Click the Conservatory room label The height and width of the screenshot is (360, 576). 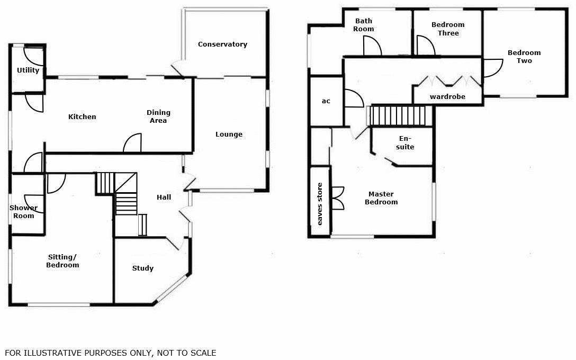[222, 44]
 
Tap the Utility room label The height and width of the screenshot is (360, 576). [28, 70]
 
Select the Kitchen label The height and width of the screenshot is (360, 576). [82, 117]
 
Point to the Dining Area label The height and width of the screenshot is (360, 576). [158, 116]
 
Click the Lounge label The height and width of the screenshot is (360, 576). [229, 134]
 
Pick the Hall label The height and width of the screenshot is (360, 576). [164, 197]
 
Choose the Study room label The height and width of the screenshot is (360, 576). [143, 268]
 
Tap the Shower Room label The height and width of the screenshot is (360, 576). [23, 212]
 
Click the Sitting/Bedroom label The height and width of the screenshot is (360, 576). [62, 261]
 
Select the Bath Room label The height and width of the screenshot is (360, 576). [364, 25]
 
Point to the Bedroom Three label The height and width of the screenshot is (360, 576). [448, 29]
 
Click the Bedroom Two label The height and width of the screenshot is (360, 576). [524, 57]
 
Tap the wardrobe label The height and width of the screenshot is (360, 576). [447, 97]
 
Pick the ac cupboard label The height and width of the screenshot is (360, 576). [326, 101]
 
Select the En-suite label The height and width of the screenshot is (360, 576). [407, 143]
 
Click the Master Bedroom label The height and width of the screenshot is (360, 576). [381, 198]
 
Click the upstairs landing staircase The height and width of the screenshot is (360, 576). [398, 115]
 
